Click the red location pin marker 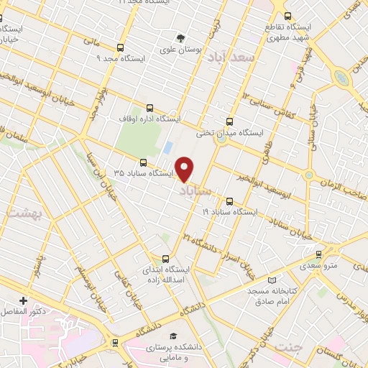(185, 169)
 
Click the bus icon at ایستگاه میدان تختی (230, 121)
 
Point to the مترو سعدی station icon (318, 253)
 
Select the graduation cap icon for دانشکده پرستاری (172, 336)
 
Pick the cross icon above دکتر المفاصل (24, 300)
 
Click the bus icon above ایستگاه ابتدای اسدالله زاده (167, 259)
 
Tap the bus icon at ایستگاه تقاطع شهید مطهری (287, 16)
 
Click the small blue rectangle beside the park (167, 147)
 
